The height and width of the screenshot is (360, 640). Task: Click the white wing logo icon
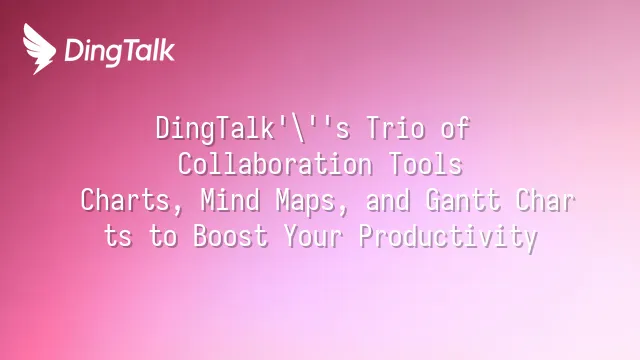click(39, 49)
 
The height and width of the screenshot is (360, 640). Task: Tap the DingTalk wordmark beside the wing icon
click(120, 51)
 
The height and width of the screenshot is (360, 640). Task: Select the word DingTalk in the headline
click(215, 129)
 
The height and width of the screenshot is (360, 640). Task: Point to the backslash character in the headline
click(300, 129)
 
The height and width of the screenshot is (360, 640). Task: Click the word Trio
click(396, 127)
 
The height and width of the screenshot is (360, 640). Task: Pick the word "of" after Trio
click(456, 127)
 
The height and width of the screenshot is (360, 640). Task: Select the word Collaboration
click(275, 164)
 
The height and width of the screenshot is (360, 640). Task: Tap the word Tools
click(425, 164)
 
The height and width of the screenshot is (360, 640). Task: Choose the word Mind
click(230, 200)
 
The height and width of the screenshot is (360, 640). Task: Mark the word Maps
click(305, 201)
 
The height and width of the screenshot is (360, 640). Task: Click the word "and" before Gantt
click(388, 200)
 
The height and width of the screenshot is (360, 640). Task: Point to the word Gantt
click(463, 200)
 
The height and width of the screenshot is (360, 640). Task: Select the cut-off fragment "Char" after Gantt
click(545, 200)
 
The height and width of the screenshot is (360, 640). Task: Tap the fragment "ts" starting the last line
click(118, 236)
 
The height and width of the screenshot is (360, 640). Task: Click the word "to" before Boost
click(163, 236)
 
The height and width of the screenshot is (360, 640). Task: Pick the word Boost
click(231, 236)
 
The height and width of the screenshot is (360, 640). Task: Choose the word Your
click(313, 236)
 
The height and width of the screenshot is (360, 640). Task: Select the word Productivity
click(448, 238)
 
